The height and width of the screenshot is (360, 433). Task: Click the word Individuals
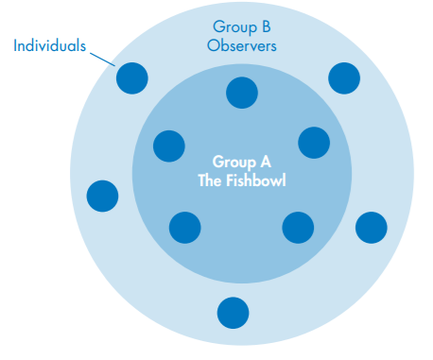pyautogui.click(x=51, y=45)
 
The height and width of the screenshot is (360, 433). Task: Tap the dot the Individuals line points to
pyautogui.click(x=132, y=77)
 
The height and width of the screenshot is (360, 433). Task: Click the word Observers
pyautogui.click(x=242, y=45)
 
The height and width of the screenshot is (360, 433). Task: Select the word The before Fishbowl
pyautogui.click(x=212, y=178)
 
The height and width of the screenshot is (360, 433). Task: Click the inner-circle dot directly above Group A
pyautogui.click(x=242, y=92)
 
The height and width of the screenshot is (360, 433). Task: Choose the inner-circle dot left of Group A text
pyautogui.click(x=169, y=146)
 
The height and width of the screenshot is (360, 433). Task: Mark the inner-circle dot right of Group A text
pyautogui.click(x=314, y=143)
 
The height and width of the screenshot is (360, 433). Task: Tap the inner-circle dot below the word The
pyautogui.click(x=185, y=227)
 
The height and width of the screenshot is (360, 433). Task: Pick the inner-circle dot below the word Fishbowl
pyautogui.click(x=298, y=227)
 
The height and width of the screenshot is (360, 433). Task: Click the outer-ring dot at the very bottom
pyautogui.click(x=233, y=312)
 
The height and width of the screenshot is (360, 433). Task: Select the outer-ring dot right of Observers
pyautogui.click(x=344, y=77)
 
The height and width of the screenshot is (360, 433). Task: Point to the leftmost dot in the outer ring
pyautogui.click(x=102, y=196)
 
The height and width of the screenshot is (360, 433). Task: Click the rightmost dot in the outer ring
pyautogui.click(x=371, y=227)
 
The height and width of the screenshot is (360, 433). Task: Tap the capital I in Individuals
pyautogui.click(x=16, y=45)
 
